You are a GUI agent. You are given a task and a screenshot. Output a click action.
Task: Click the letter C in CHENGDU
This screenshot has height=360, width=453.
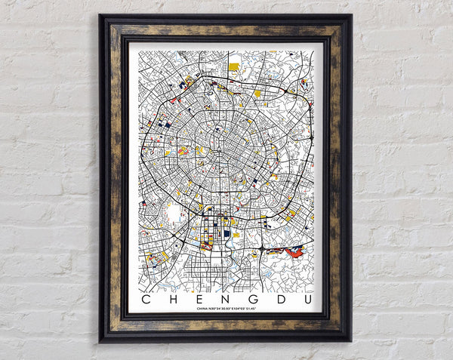pos(146,299)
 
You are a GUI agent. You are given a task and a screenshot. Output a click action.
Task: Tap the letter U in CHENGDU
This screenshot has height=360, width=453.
pos(305,299)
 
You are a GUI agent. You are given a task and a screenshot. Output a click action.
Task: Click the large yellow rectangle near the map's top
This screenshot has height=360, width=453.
pos(234,66)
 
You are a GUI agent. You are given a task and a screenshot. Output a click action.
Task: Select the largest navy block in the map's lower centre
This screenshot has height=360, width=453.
pos(226,234)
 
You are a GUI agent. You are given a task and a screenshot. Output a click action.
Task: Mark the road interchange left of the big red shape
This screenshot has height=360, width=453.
pos(260,247)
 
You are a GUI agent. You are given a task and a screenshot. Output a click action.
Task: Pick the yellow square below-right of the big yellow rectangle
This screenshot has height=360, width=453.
pos(257,94)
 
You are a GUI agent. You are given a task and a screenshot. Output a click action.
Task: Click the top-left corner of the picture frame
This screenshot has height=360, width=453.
pos(100,15)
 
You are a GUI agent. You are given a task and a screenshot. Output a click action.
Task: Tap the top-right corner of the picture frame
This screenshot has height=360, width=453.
pos(351,15)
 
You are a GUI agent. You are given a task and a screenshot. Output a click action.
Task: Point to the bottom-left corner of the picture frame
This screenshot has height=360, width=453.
pos(100,341)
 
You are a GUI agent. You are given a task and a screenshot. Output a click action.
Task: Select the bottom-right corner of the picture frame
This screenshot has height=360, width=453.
pos(351,341)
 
